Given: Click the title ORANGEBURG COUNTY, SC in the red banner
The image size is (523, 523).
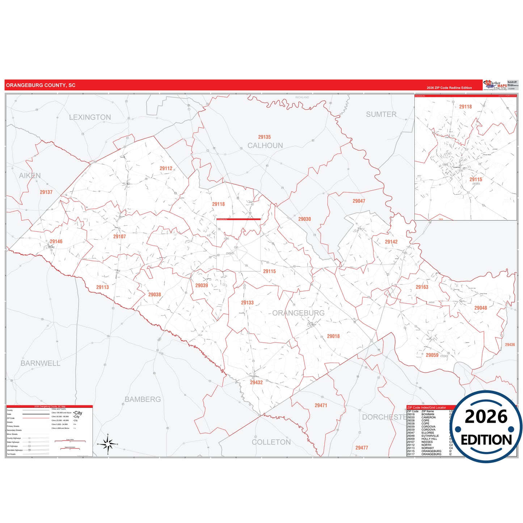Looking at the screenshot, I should coord(41,85).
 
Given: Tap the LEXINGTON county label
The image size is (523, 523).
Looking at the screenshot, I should coord(90,117).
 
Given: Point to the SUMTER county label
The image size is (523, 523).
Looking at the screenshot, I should coord(381,114).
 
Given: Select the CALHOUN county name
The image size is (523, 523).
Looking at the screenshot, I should coord(265,145).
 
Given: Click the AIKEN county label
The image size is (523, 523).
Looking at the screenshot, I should coord(30,176).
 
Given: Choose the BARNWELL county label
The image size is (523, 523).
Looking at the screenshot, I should coord(41,363).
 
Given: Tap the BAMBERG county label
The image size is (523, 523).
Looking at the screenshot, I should coord(143,399).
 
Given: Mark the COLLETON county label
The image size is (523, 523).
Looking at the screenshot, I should coord(271,442).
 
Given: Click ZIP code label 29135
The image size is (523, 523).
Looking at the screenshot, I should coord(264,137).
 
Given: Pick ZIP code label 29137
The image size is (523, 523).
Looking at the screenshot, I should coord(46,192).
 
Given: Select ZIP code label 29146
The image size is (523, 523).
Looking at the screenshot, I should coord(56,241).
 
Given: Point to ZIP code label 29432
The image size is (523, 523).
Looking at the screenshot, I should coord(256,383).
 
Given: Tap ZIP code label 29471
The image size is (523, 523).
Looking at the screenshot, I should coord(321,405).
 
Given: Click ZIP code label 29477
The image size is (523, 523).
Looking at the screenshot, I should coord(362,448).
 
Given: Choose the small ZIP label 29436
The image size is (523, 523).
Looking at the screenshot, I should coord(510,345).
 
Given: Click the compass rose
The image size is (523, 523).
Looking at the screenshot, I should coord(108,444).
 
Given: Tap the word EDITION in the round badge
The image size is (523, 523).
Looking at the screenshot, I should coord(486,440).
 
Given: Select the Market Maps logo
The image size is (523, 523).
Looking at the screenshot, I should coord(495,85).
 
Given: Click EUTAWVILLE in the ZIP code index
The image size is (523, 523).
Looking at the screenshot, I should coord(430,436).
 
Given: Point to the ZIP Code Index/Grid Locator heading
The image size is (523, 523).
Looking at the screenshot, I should coord(426,408).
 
